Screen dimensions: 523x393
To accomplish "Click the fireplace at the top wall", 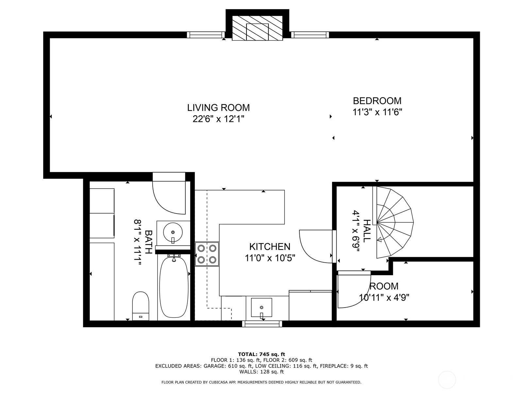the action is (x=257, y=28).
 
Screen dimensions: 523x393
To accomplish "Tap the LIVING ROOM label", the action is (x=218, y=108).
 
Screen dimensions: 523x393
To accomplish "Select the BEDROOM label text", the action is (x=377, y=101).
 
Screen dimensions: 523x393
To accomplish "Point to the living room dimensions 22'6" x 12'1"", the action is (x=218, y=119).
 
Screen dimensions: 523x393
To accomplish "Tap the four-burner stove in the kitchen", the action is (x=207, y=254).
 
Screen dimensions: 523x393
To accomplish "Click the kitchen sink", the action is (x=261, y=308).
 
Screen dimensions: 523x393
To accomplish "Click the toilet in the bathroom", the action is (x=141, y=306).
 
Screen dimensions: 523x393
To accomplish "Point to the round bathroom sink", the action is (x=173, y=232).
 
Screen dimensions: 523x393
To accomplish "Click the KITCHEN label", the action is (x=270, y=247).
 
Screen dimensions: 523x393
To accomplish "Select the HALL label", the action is (x=367, y=231).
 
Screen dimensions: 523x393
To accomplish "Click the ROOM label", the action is (x=384, y=286).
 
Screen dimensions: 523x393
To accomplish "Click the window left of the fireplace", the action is (x=206, y=35).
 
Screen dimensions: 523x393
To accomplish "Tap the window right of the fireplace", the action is (x=310, y=35).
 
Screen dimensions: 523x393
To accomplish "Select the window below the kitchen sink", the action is (x=262, y=324).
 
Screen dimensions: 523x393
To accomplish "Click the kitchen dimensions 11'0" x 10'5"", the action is (x=270, y=258).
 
